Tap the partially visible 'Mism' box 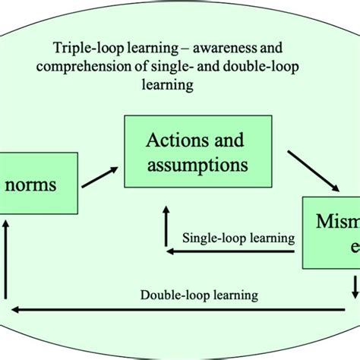tap(331, 231)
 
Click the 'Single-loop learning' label tap(238, 238)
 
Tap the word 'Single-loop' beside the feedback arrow tap(213, 238)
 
